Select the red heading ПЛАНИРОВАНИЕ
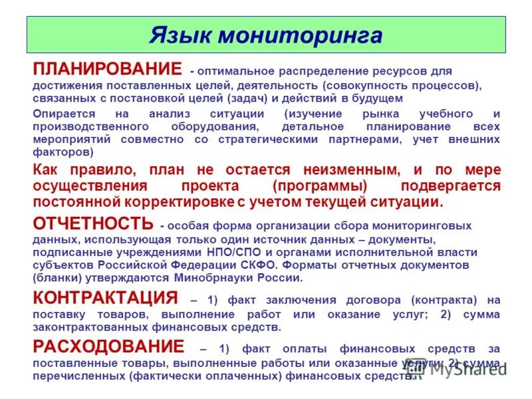[x=107, y=69]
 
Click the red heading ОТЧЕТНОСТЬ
[x=93, y=223]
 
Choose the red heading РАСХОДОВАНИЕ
[x=108, y=346]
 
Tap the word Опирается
[x=64, y=114]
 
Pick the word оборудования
[x=216, y=126]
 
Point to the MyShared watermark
[x=462, y=370]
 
